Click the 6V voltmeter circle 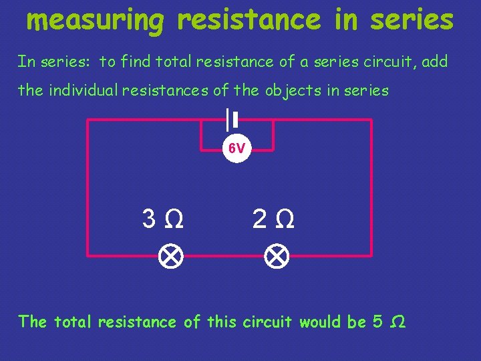(236, 149)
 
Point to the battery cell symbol (232, 120)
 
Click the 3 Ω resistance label (163, 218)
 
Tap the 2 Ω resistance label (273, 218)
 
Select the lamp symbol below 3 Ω (170, 256)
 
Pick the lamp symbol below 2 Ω (275, 256)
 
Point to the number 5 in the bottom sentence (377, 322)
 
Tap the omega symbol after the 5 (396, 322)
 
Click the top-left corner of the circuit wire (88, 120)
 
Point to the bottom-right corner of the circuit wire (371, 255)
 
